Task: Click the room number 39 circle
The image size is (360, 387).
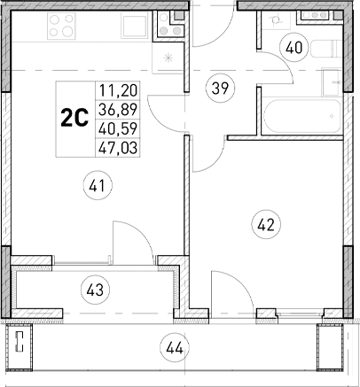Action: [x=220, y=87]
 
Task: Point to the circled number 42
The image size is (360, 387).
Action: [x=265, y=225]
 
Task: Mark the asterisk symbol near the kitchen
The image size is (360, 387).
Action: [x=170, y=59]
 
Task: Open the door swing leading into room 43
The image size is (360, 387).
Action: [x=127, y=239]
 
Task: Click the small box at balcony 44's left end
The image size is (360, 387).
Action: [x=17, y=343]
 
